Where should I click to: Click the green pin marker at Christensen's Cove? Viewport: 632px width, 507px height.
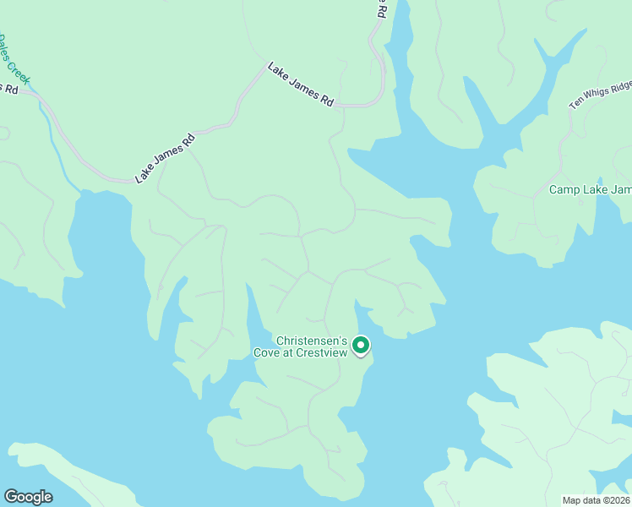coord(361,345)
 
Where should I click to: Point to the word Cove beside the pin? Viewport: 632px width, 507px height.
coord(268,352)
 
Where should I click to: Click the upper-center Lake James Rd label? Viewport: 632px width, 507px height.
coord(301,84)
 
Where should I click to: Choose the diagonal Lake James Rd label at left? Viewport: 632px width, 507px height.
coord(166,157)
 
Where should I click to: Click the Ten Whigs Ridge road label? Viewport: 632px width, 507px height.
coord(601,94)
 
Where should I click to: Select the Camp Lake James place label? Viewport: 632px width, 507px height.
coord(590,189)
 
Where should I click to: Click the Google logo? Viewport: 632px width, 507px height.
coord(28,497)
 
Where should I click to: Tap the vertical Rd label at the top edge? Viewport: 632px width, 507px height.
coord(382,9)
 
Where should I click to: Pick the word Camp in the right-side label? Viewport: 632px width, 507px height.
coord(564,189)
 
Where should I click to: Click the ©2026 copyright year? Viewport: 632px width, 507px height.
coord(613,499)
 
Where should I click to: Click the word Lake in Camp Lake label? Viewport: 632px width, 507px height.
coord(597,189)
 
